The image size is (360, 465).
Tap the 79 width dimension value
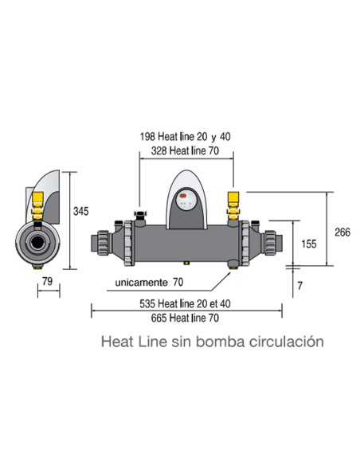47,280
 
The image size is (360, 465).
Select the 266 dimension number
341,232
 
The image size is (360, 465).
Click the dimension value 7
300,285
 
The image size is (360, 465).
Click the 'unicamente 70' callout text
149,282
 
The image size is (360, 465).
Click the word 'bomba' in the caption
216,341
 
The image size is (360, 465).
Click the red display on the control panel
184,195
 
